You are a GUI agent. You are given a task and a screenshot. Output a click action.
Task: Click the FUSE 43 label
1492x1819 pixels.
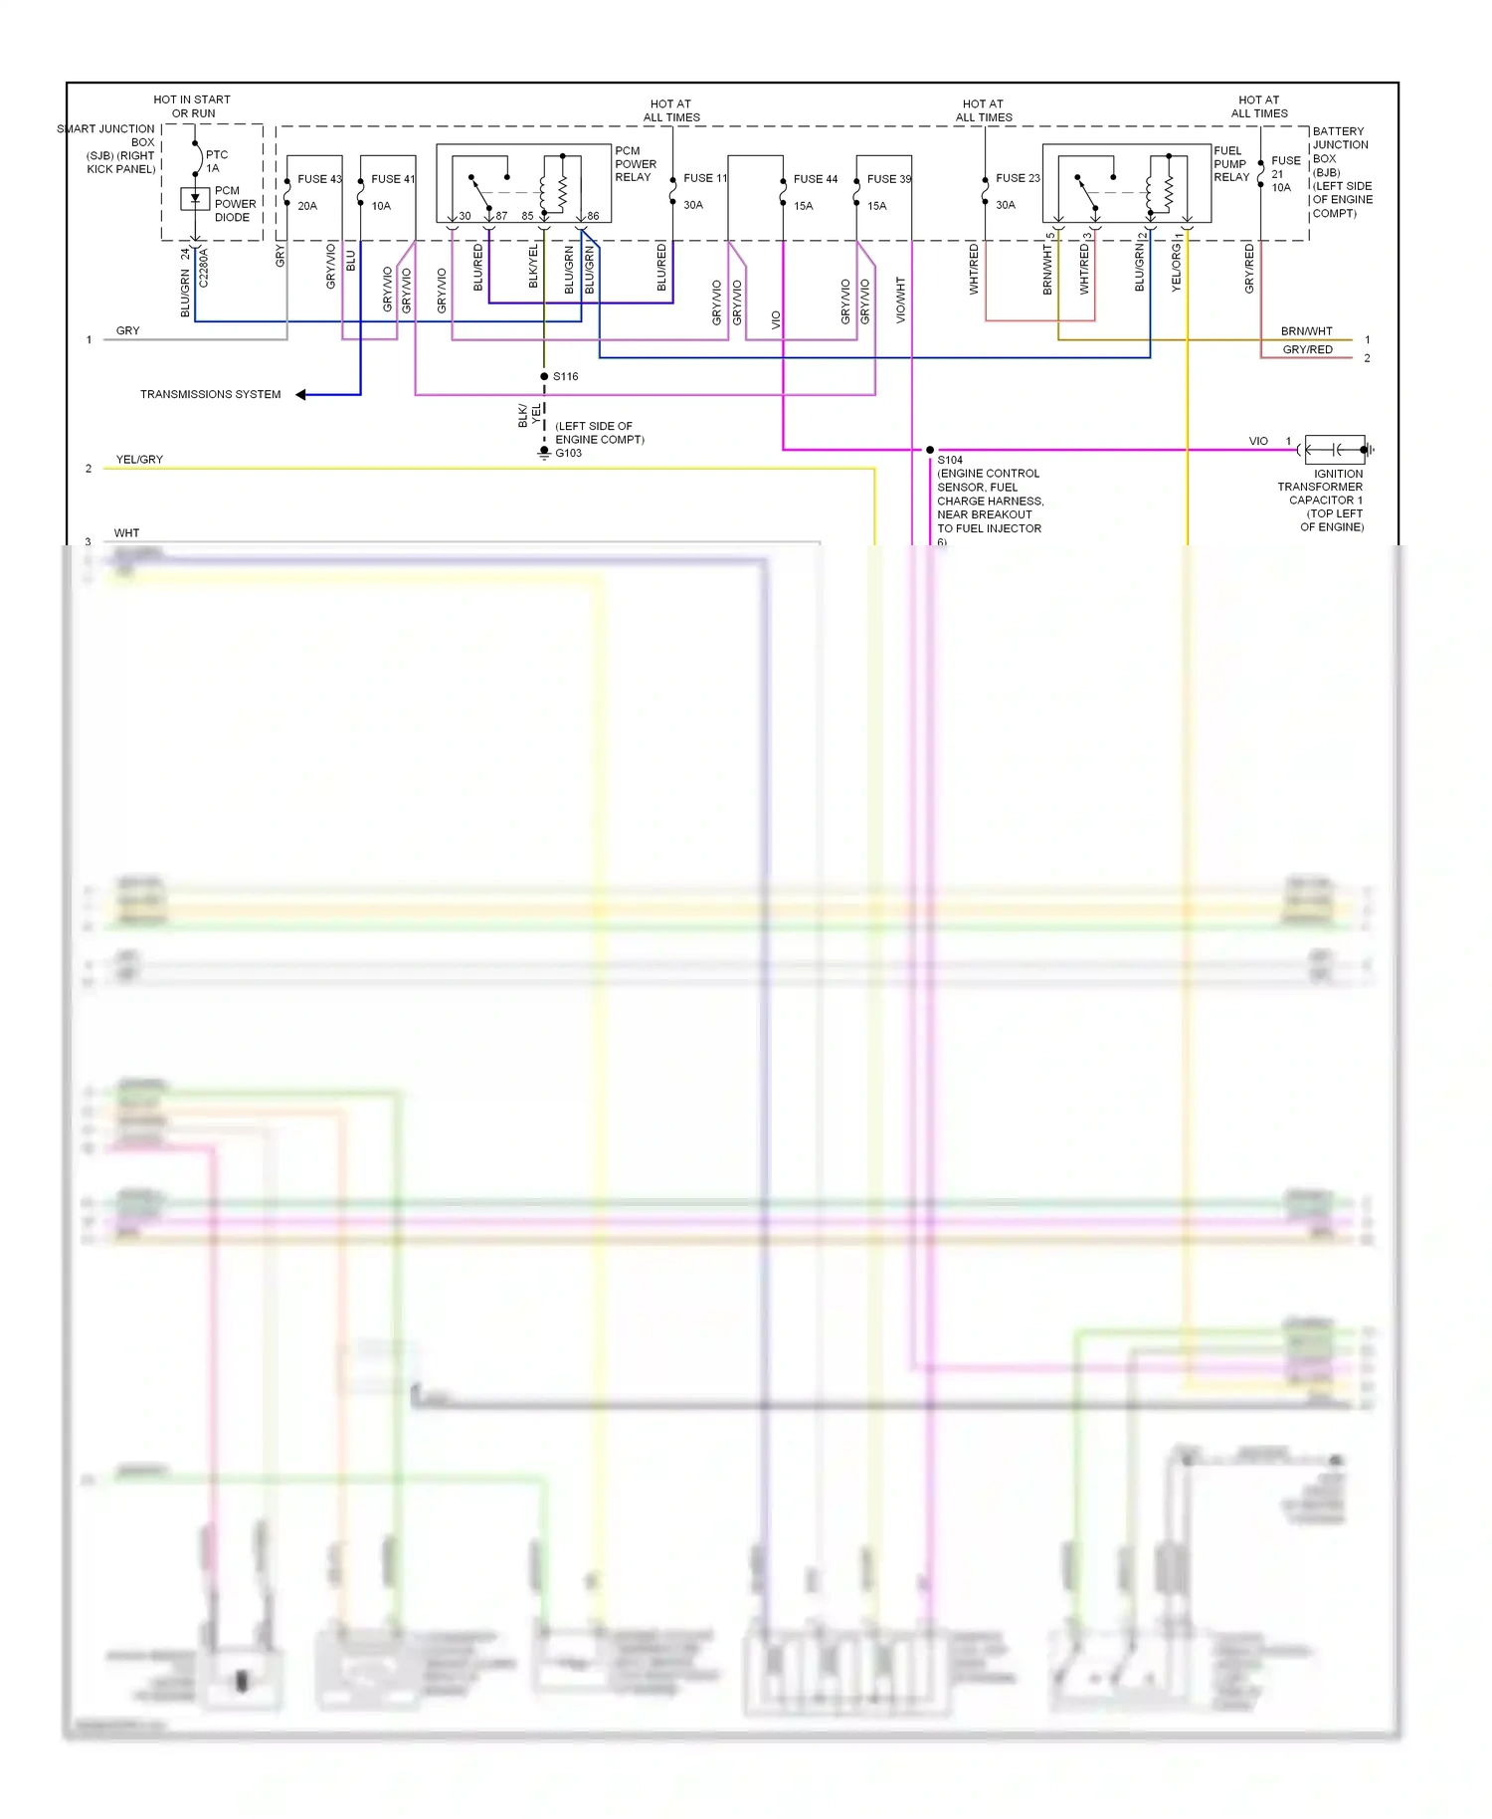318,179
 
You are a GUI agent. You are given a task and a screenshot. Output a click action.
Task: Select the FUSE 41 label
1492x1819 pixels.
392,179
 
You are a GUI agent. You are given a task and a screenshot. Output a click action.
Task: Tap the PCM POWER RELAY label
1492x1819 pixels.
636,164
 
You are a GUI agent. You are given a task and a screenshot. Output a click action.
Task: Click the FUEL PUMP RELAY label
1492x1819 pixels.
1231,164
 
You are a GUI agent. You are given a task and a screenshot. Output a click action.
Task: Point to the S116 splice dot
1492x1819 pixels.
544,376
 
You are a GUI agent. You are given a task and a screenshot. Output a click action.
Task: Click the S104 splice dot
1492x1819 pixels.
930,450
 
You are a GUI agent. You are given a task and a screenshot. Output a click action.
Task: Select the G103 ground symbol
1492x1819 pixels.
544,453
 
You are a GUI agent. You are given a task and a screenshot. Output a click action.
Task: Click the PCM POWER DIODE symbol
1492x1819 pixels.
195,199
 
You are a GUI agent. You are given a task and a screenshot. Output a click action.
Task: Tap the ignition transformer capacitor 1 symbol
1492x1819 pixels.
1336,450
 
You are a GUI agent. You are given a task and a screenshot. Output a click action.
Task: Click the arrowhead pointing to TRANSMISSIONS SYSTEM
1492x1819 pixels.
301,395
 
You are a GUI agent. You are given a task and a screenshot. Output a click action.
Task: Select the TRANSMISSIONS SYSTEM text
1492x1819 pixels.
210,395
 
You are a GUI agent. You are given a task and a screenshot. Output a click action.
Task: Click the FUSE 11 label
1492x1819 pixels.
704,178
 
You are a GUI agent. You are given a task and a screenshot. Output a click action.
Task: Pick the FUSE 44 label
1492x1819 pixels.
815,179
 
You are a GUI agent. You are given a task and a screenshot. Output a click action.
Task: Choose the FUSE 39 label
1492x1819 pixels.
888,179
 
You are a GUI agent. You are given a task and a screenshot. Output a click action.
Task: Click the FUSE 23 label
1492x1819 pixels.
1017,178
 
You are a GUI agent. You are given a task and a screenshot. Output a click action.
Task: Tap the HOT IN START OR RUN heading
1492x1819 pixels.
192,106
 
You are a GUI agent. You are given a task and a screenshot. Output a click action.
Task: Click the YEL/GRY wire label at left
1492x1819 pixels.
139,460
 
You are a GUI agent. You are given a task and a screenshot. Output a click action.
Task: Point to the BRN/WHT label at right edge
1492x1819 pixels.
1306,331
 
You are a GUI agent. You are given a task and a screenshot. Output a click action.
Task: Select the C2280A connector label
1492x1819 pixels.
204,269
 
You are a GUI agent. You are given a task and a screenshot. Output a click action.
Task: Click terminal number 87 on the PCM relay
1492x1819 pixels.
501,216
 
